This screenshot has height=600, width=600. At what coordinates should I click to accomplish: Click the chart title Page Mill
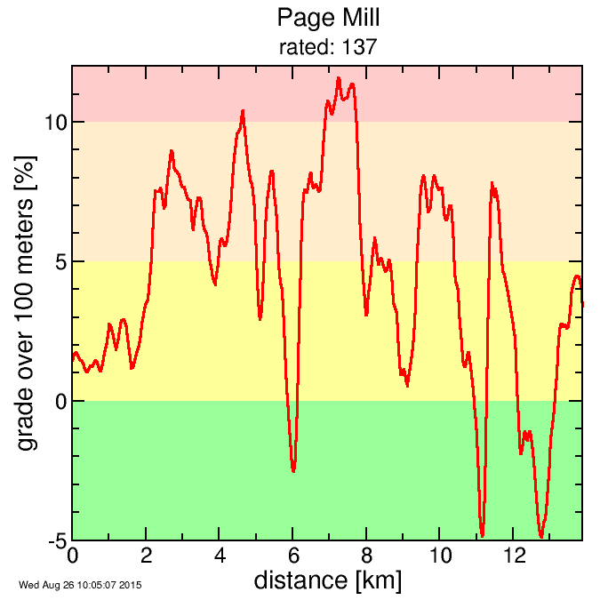click(328, 18)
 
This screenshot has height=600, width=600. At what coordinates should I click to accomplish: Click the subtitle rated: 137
click(328, 47)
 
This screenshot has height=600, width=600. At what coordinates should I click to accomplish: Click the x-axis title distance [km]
click(328, 581)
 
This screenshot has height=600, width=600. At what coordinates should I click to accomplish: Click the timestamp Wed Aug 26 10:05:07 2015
click(80, 585)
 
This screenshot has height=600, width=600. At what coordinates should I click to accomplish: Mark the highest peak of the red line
click(339, 78)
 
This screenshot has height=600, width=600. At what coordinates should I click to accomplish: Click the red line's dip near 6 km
click(293, 470)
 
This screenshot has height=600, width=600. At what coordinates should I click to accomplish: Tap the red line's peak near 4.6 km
click(243, 112)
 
